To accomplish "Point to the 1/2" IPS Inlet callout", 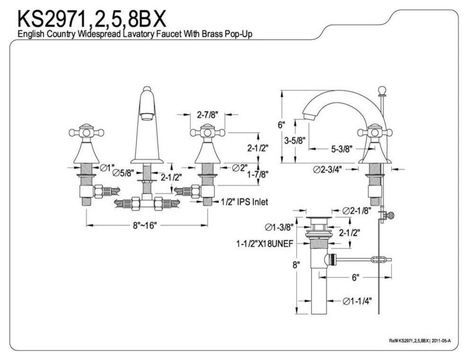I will coord(244,202).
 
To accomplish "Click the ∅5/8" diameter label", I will coord(123,173).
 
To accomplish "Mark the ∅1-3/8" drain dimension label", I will coord(279,227).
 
